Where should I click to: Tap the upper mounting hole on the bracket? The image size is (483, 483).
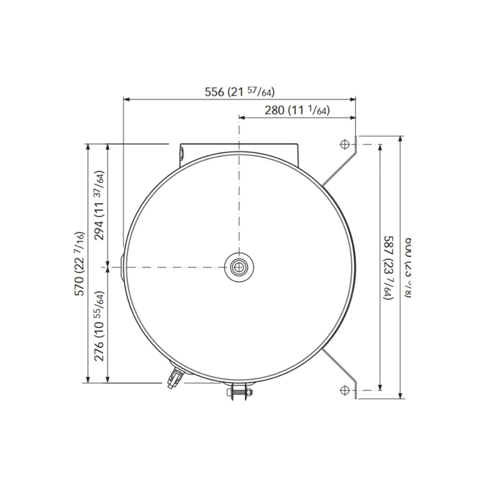click(x=344, y=144)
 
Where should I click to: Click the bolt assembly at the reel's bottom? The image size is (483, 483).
click(x=239, y=391)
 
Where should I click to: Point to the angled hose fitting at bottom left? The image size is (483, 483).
click(x=174, y=377)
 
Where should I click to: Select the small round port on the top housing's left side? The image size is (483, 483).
click(x=182, y=154)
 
